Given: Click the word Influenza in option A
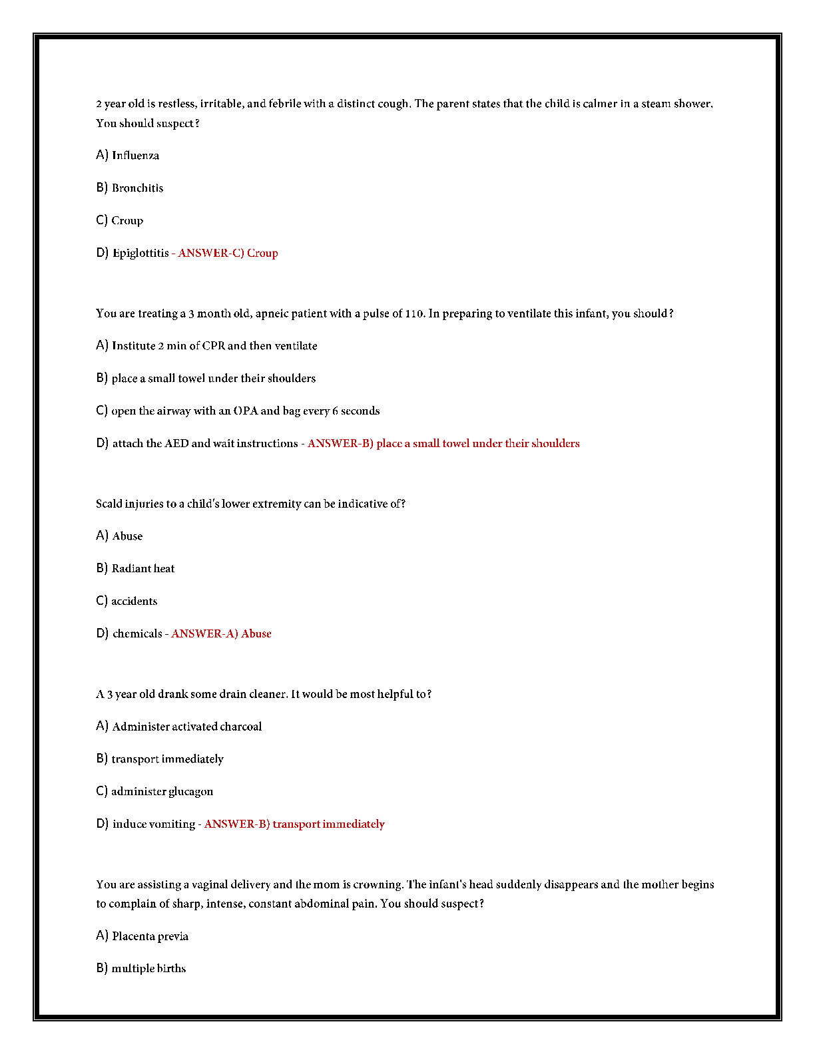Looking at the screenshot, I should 135,156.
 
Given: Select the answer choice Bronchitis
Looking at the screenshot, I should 137,188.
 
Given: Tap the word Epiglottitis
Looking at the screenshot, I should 140,254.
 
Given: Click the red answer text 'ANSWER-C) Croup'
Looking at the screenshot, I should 228,254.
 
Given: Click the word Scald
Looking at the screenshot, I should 109,504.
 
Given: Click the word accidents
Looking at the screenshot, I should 134,602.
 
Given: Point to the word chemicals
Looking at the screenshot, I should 137,634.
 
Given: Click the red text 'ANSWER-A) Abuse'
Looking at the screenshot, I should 221,634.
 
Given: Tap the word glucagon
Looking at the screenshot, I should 190,792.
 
